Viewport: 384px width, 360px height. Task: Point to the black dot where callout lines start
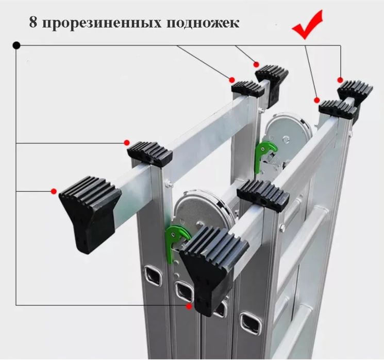point(16,45)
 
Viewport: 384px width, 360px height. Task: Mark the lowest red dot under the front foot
point(189,306)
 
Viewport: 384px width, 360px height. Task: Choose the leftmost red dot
point(54,192)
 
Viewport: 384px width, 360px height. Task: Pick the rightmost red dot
point(340,79)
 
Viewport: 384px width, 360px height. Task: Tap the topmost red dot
point(256,64)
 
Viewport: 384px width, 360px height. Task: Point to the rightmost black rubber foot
point(356,91)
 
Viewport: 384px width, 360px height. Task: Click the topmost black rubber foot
point(272,77)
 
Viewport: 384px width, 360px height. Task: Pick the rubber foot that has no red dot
point(262,195)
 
